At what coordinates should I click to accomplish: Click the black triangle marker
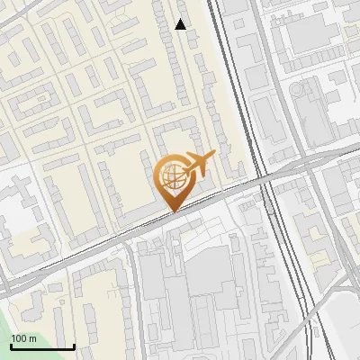click(181, 24)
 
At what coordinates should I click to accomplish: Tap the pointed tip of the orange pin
click(171, 211)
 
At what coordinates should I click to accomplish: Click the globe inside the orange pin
click(171, 176)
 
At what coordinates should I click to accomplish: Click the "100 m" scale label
click(24, 338)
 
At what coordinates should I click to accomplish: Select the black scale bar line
click(42, 347)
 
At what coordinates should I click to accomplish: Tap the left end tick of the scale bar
click(11, 346)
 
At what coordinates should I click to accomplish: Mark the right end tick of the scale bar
click(74, 346)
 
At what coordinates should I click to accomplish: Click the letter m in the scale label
click(33, 338)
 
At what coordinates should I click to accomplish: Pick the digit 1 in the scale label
click(14, 338)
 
